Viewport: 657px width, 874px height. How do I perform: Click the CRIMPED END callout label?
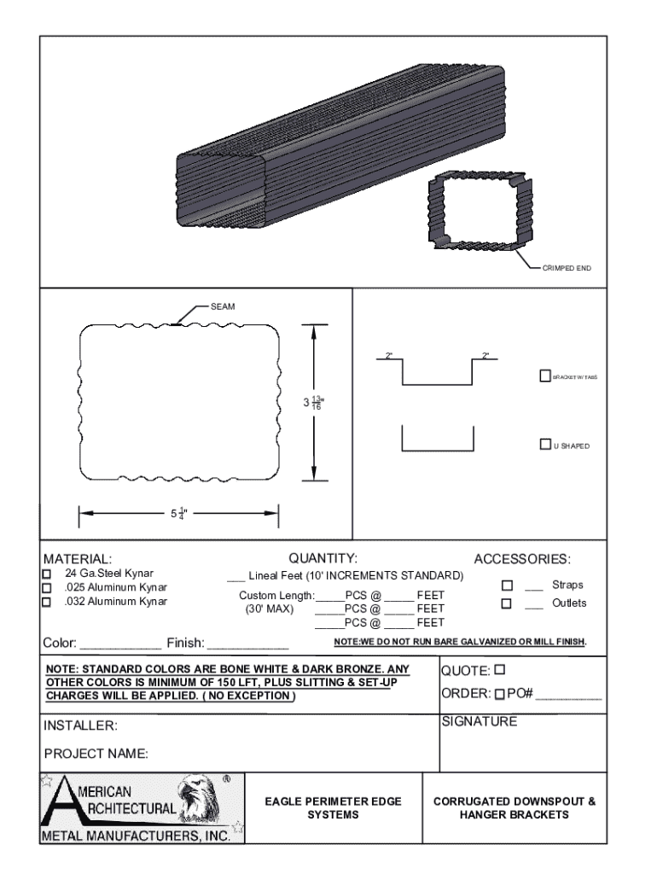[x=566, y=268]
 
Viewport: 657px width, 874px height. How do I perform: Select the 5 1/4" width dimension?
[x=178, y=514]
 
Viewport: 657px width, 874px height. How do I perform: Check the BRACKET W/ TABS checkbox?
[x=544, y=376]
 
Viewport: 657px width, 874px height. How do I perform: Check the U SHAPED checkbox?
[x=544, y=444]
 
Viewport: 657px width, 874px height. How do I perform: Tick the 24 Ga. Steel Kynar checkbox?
[x=47, y=574]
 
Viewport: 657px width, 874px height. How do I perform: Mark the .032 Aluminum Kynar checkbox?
[x=47, y=602]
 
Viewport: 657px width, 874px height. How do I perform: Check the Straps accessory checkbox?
[x=506, y=586]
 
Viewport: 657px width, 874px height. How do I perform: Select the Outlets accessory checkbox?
[x=506, y=603]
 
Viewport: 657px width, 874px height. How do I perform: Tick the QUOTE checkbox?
[x=500, y=668]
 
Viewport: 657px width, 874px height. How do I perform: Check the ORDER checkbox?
[x=500, y=693]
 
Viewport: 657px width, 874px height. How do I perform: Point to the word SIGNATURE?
[x=479, y=722]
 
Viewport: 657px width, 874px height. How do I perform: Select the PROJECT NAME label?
[x=96, y=754]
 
